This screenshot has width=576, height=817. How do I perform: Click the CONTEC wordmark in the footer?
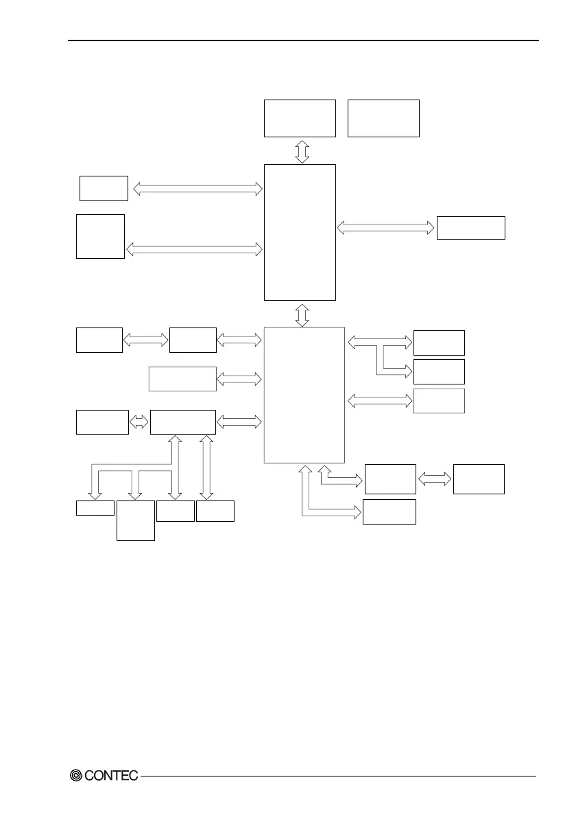coord(111,775)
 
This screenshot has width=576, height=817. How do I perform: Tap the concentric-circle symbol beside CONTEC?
coord(76,775)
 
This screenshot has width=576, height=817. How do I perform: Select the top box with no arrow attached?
coord(383,118)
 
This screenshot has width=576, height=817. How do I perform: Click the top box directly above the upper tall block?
coord(300,118)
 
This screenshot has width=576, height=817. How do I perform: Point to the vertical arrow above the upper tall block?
coord(302,150)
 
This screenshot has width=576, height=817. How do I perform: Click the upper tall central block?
coord(300,232)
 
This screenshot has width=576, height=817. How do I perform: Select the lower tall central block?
coord(304,395)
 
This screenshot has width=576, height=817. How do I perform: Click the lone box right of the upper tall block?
coord(470,227)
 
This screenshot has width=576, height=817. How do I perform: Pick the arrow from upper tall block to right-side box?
coord(386,227)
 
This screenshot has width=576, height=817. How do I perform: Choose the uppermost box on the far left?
coord(104,188)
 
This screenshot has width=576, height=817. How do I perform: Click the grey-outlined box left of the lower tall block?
coord(182,379)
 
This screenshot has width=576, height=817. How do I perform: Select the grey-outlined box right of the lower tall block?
coord(439,400)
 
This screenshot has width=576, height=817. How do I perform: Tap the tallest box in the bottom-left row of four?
coord(135,520)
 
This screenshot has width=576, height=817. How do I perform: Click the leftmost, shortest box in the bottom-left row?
coord(95,508)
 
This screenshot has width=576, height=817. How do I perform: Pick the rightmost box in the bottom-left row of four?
coord(215,511)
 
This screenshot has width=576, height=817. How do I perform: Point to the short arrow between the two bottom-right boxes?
coord(434,479)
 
